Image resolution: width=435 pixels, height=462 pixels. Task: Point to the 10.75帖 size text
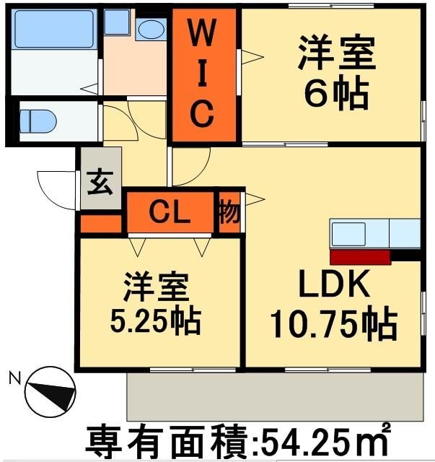[x=333, y=324]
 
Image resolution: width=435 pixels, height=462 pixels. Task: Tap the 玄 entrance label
[x=100, y=183]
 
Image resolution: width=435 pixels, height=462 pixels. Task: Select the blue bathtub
[x=53, y=30]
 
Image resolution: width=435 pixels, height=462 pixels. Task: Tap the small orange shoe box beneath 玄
[x=100, y=224]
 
